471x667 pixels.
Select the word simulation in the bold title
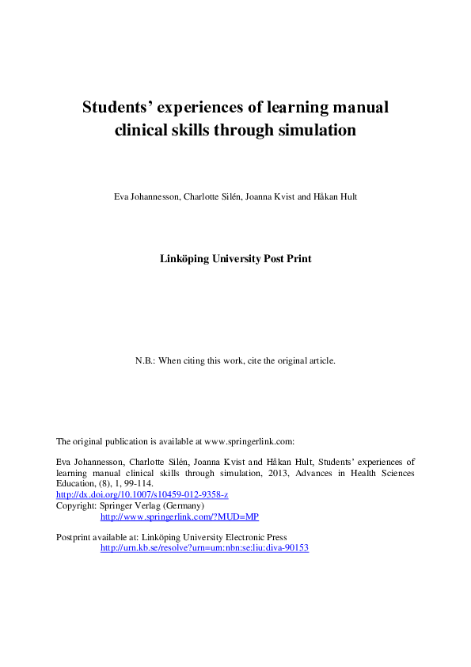tap(316, 131)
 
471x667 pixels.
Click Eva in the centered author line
tap(122, 196)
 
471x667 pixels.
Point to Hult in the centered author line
tap(348, 196)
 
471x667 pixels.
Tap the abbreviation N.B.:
tap(145, 360)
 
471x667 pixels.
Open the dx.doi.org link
tap(142, 494)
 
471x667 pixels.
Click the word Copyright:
tap(75, 505)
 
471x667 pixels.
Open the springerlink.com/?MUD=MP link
tap(180, 516)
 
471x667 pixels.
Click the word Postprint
tap(74, 537)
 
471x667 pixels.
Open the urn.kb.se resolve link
tap(204, 547)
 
